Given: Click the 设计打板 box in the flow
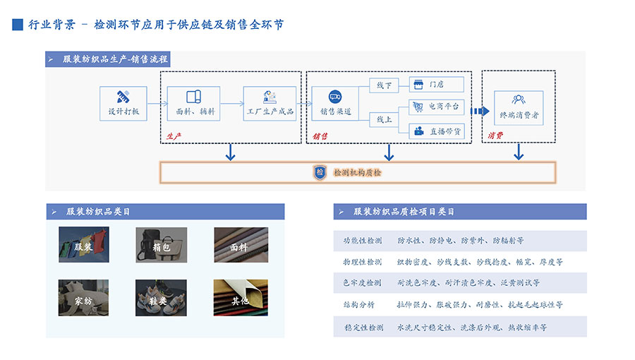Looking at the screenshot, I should [x=123, y=103].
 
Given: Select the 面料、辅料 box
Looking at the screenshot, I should [x=193, y=103].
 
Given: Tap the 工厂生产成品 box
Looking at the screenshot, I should [x=269, y=103].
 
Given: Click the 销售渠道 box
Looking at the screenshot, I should [x=336, y=103].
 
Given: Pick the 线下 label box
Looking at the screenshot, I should [x=384, y=85].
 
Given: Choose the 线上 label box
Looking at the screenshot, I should [x=384, y=119].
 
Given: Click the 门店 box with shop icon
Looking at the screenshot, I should [x=436, y=85].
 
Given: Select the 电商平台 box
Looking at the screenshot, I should [x=436, y=107].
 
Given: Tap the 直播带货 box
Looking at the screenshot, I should [x=436, y=131].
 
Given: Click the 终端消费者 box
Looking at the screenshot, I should [x=519, y=107].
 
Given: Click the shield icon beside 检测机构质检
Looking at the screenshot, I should [x=320, y=172].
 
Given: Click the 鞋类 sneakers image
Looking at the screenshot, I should [x=161, y=299].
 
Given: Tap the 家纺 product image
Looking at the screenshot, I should [x=83, y=299].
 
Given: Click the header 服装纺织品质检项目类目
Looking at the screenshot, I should [x=404, y=212].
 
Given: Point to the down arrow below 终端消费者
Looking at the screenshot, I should [x=519, y=151].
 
